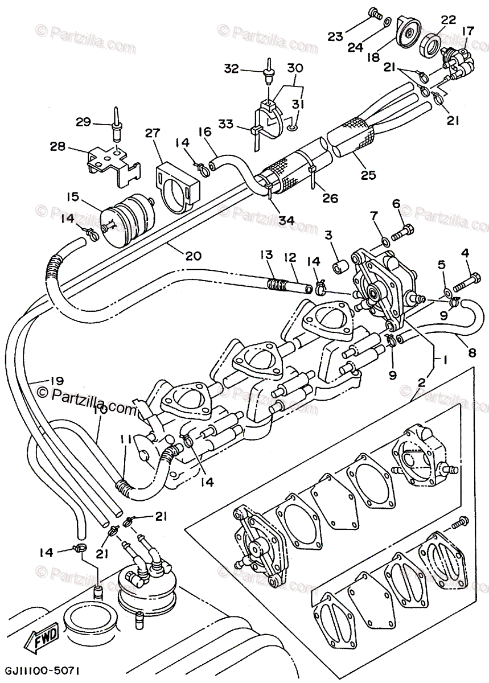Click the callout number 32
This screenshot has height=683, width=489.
point(232,69)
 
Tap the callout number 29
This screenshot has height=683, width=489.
point(84,121)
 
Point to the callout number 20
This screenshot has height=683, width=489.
point(193,256)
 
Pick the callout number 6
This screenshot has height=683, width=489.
point(396,204)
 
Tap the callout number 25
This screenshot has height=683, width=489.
point(368,175)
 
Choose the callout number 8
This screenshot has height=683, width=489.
point(472,352)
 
